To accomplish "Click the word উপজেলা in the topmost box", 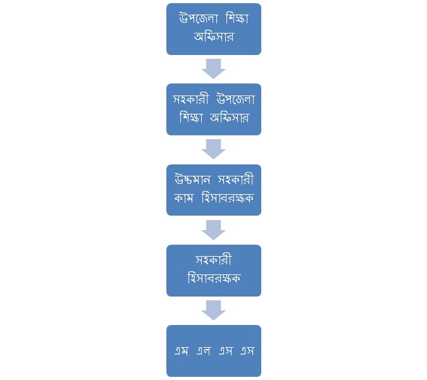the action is [198, 19].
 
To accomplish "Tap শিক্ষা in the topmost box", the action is [237, 19].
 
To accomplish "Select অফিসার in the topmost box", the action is [214, 37].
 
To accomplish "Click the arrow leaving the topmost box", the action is [214, 68].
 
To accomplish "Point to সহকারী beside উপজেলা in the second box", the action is [190, 99].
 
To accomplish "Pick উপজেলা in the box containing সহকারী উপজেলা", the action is [235, 99].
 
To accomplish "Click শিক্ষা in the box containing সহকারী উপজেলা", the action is [191, 118].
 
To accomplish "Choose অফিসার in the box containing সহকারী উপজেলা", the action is [229, 118].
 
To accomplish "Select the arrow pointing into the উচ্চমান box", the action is [214, 149].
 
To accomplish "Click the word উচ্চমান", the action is [192, 180].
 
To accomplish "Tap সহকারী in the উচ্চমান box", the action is [236, 180].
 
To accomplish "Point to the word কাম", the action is [183, 198].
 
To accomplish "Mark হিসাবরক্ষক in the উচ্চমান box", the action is [228, 198].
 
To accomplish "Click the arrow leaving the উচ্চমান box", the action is [214, 230].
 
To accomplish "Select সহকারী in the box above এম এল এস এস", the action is [214, 260].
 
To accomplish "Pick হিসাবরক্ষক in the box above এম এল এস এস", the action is [214, 278].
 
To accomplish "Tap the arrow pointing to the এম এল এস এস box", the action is [214, 310].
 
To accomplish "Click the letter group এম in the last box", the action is [182, 351].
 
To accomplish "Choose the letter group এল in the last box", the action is [204, 351].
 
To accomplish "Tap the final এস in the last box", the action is [247, 351].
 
